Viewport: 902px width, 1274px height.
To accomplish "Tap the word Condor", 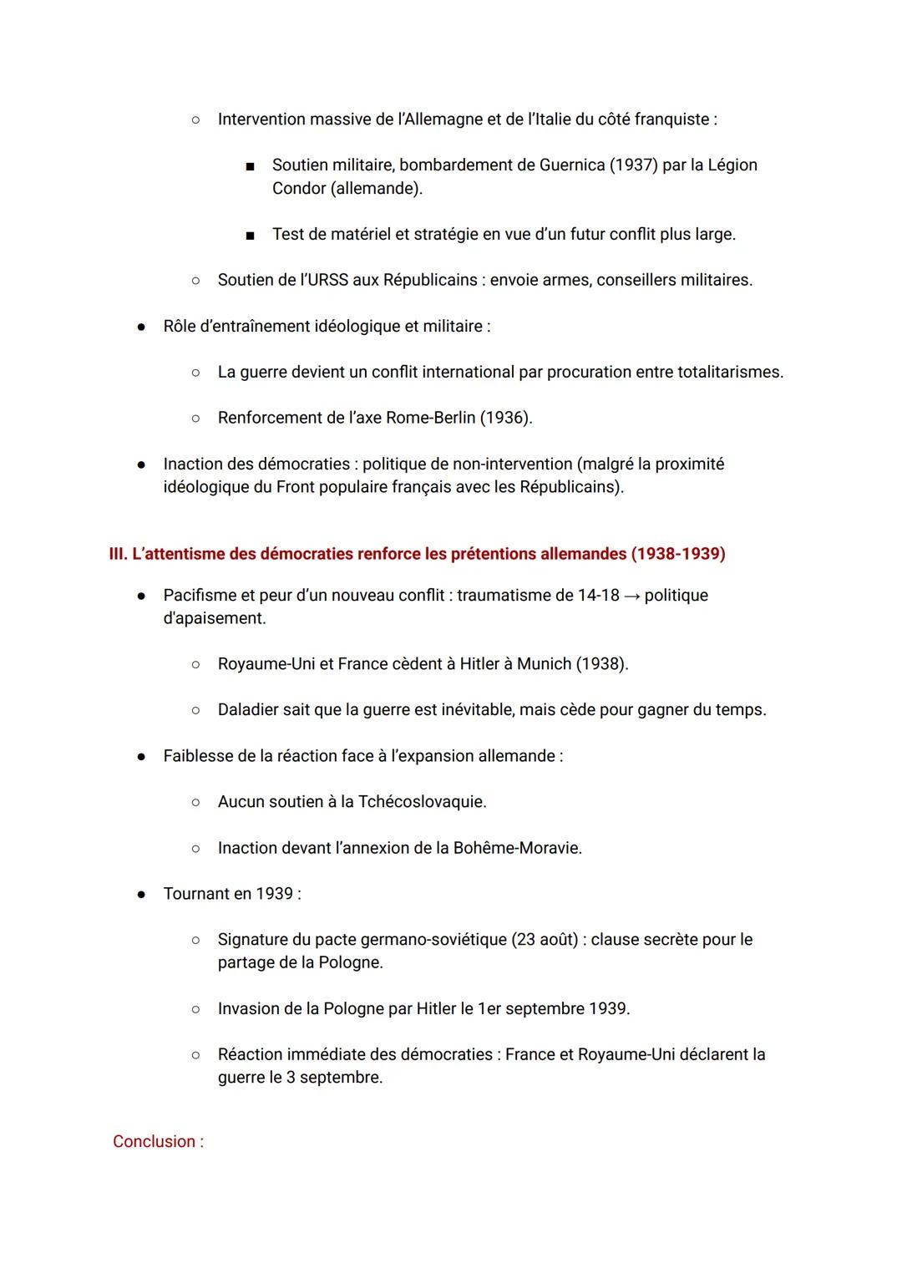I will [x=299, y=189].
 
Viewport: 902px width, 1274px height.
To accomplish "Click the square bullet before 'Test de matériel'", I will [x=250, y=236].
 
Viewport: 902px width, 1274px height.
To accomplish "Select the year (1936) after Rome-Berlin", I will [x=505, y=418].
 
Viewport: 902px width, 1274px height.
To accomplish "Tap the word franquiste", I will [x=671, y=119].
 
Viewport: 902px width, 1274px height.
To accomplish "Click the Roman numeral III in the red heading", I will [x=118, y=554].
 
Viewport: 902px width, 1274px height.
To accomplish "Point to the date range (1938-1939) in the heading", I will [x=677, y=554].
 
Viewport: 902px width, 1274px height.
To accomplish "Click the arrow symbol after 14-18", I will [x=632, y=596].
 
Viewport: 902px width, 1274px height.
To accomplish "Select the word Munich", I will [x=544, y=664].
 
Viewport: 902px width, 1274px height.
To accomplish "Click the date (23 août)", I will [x=545, y=940].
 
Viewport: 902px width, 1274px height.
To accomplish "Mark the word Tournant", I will [x=197, y=894].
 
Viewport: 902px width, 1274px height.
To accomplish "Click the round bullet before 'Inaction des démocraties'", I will [x=142, y=464].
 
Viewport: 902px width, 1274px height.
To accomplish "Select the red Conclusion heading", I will [x=158, y=1142].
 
